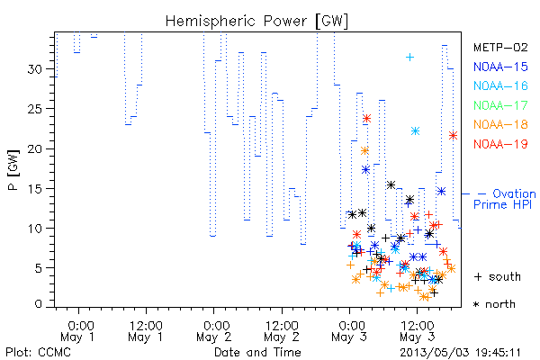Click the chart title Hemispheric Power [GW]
pyautogui.click(x=256, y=21)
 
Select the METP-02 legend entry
pyautogui.click(x=500, y=47)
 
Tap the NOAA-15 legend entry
pyautogui.click(x=500, y=67)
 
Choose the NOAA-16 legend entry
pyautogui.click(x=500, y=85)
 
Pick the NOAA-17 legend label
pyautogui.click(x=500, y=105)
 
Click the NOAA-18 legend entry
pyautogui.click(x=500, y=124)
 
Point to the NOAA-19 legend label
pyautogui.click(x=500, y=144)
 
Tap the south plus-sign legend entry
pyautogui.click(x=498, y=276)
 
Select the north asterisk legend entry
pyautogui.click(x=494, y=304)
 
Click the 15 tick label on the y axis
pyautogui.click(x=35, y=189)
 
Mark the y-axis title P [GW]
pyautogui.click(x=13, y=170)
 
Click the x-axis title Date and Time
pyautogui.click(x=257, y=352)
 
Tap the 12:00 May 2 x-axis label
pyautogui.click(x=282, y=331)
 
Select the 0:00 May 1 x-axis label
pyautogui.click(x=78, y=331)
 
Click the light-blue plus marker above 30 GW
pyautogui.click(x=409, y=58)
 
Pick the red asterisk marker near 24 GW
pyautogui.click(x=367, y=119)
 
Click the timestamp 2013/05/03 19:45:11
pyautogui.click(x=460, y=353)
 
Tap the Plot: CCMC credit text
pyautogui.click(x=38, y=353)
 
